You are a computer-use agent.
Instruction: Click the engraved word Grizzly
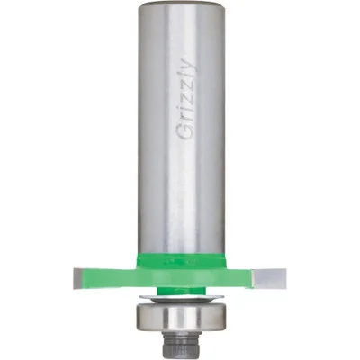(x=186, y=98)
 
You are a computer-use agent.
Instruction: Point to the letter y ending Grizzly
(x=190, y=65)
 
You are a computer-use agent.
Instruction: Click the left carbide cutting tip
(x=77, y=278)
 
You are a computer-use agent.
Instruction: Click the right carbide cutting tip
(x=269, y=279)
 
